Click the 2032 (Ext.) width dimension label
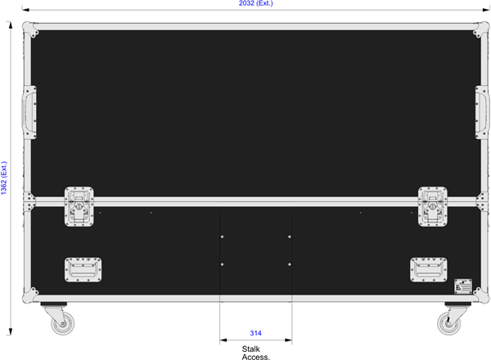point(256,3)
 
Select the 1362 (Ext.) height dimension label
point(4,178)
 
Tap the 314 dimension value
point(256,333)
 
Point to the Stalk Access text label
point(255,353)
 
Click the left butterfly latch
point(79,207)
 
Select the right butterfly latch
point(433,207)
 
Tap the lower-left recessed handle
point(83,270)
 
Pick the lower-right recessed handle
point(429,270)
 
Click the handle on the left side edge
point(29,112)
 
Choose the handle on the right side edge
point(483,112)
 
